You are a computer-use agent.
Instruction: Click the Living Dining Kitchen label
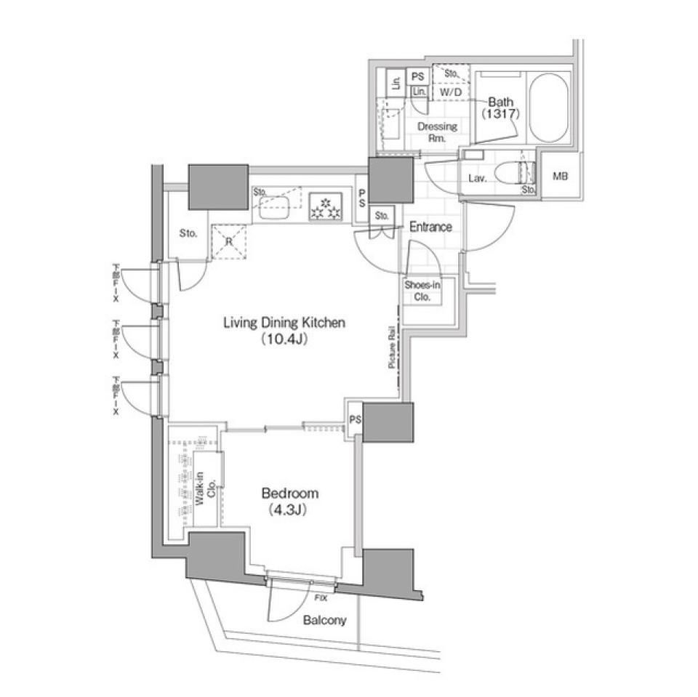[284, 323]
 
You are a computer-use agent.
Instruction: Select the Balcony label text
[324, 621]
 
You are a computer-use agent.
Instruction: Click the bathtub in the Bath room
[548, 110]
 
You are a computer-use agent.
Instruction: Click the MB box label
[561, 177]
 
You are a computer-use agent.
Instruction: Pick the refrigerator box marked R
[228, 241]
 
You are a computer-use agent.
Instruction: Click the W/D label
[451, 92]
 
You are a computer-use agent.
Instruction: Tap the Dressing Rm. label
[437, 132]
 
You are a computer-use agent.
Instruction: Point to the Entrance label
[430, 227]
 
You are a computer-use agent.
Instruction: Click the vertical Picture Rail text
[392, 348]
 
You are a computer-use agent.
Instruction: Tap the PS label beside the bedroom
[355, 419]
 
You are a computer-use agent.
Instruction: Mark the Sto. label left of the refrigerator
[188, 234]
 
